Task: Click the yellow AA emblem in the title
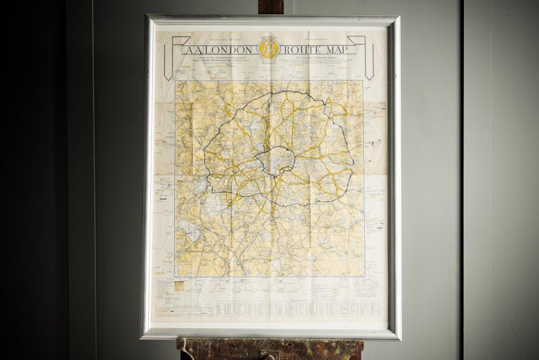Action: point(269,48)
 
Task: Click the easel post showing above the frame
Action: point(270,7)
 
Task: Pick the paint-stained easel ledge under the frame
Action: point(211,349)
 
